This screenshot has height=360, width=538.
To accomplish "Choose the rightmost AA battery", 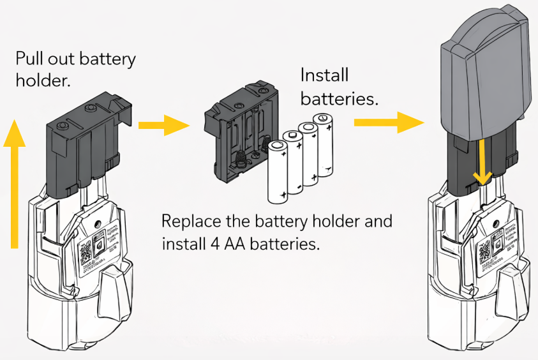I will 324,146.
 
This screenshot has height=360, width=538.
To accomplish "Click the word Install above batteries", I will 324,76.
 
